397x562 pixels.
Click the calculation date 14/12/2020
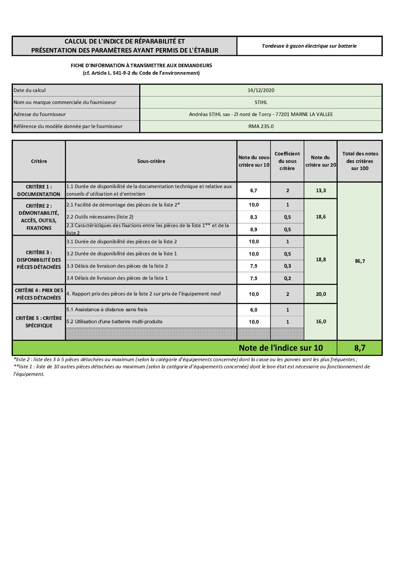coord(261,90)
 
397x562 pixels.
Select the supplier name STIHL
coord(261,102)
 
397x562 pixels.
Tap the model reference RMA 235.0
coord(261,126)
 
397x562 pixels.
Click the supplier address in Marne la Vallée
coord(261,114)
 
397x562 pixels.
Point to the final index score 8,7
coord(359,348)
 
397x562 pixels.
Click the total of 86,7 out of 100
coord(359,261)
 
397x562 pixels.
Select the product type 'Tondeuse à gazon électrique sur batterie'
coord(309,46)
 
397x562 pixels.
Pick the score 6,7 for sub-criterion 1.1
coord(254,190)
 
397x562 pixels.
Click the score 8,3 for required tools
coord(254,217)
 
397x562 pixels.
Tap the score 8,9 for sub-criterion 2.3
coord(254,229)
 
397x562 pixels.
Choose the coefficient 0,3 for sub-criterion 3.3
coord(287,266)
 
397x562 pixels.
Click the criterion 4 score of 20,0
coord(321,294)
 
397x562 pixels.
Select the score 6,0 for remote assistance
coord(254,310)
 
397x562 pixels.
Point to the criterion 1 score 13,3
coord(321,190)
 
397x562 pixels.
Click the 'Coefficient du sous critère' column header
coord(287,161)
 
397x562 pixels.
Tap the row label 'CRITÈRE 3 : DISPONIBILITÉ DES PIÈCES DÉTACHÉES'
coord(39,260)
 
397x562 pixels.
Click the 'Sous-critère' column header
coord(151,161)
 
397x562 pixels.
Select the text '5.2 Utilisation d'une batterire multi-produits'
coord(114,321)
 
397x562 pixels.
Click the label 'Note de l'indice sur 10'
coord(281,348)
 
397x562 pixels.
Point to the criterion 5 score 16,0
coord(321,321)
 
